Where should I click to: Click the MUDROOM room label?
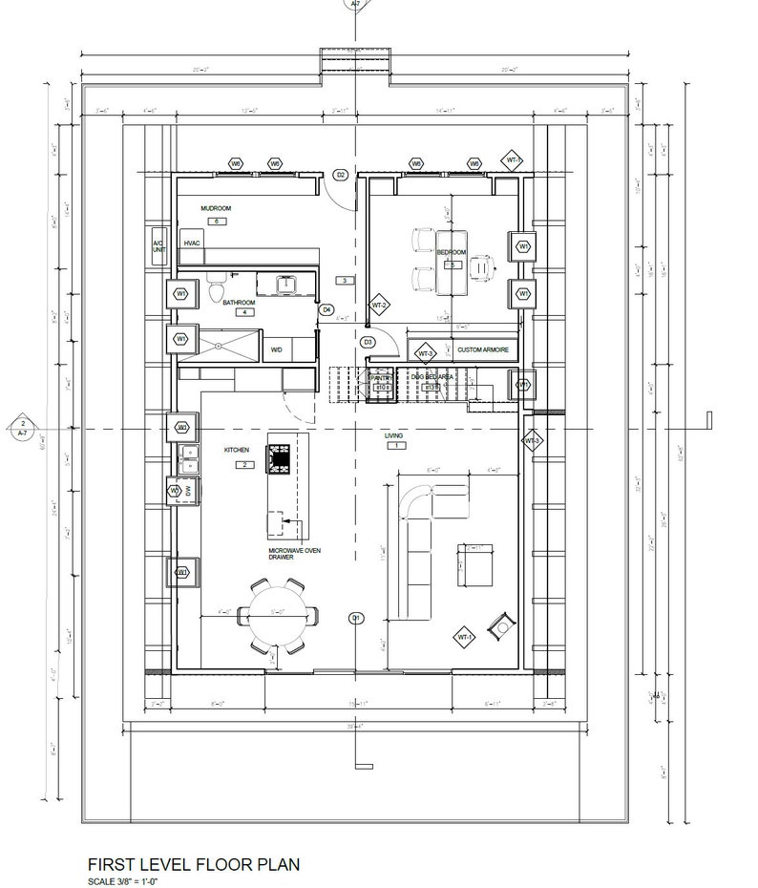[216, 207]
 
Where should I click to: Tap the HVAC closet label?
[191, 244]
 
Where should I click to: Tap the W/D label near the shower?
[277, 350]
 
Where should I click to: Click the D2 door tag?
[340, 175]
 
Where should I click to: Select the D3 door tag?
[367, 342]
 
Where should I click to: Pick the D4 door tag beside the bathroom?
[326, 309]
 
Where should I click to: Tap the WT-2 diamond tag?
[379, 306]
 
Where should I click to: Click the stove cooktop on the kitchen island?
[281, 460]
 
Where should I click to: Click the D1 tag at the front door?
[356, 618]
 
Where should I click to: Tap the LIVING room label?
[393, 435]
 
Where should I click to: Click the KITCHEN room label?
[237, 450]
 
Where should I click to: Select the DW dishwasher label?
[188, 491]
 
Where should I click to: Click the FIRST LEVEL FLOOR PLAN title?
[193, 865]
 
